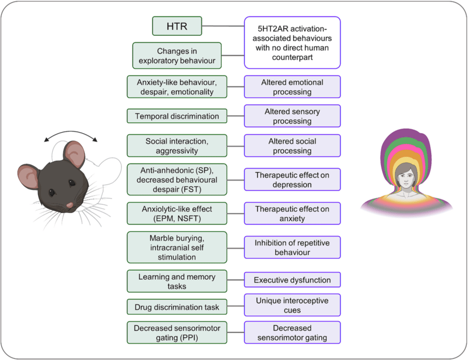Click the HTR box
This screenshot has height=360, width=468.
pyautogui.click(x=177, y=25)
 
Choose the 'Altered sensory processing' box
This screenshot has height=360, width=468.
pyautogui.click(x=292, y=116)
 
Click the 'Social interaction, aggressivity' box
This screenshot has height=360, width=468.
pyautogui.click(x=177, y=146)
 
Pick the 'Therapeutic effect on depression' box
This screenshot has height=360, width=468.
pyautogui.click(x=292, y=180)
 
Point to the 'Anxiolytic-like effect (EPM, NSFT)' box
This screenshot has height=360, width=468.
pyautogui.click(x=177, y=214)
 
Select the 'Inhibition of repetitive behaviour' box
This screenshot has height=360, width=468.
pyautogui.click(x=292, y=247)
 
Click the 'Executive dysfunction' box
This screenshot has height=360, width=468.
pyautogui.click(x=292, y=280)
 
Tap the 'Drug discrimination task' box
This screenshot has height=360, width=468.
pyautogui.click(x=177, y=307)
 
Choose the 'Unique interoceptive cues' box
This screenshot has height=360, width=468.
pyautogui.click(x=292, y=305)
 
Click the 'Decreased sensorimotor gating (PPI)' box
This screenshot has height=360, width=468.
pyautogui.click(x=177, y=332)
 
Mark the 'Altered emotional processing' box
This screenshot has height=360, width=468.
pyautogui.click(x=292, y=87)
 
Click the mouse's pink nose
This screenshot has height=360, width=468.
pyautogui.click(x=70, y=205)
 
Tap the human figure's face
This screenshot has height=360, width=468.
pyautogui.click(x=406, y=177)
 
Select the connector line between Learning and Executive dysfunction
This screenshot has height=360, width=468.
pyautogui.click(x=235, y=280)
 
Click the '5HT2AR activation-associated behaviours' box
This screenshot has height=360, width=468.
pyautogui.click(x=292, y=42)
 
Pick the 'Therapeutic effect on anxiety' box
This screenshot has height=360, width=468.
pyautogui.click(x=292, y=214)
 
